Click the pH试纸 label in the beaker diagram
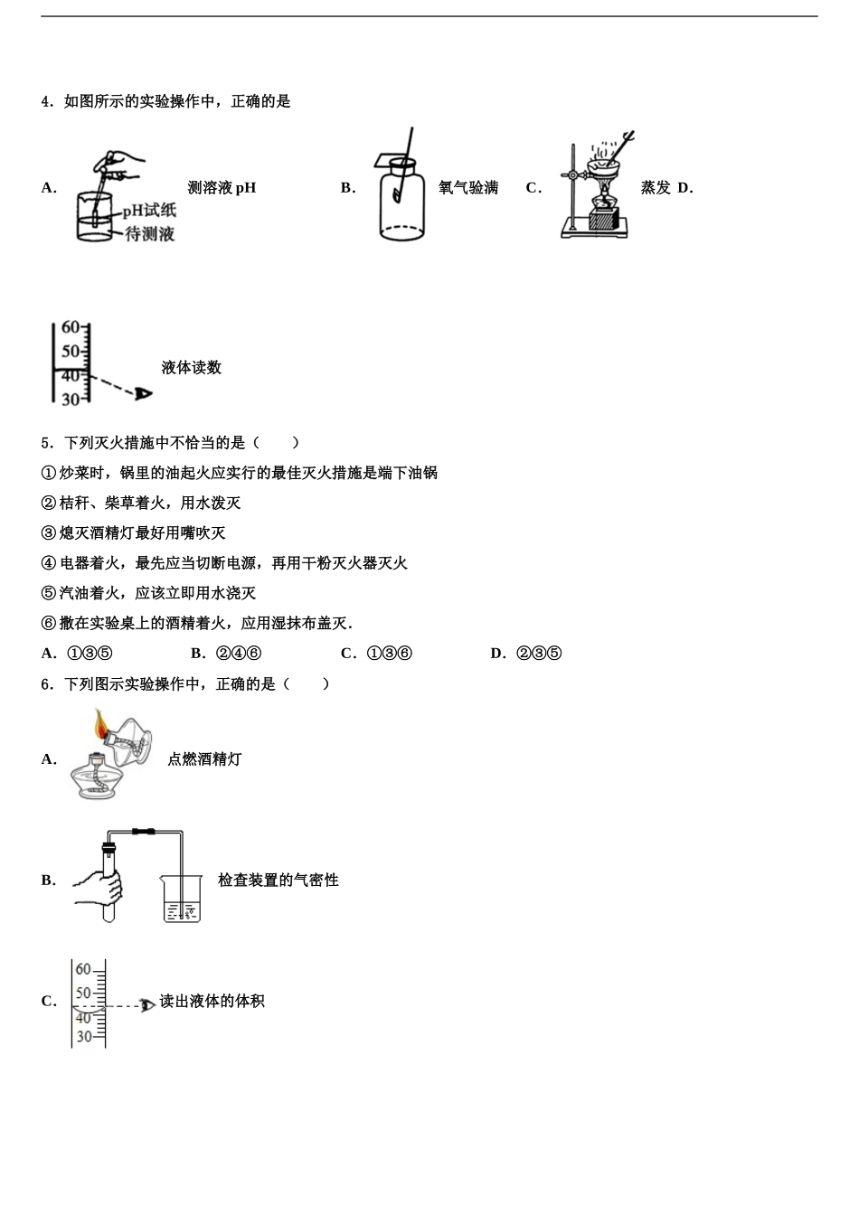click(x=149, y=211)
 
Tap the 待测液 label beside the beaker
click(x=149, y=234)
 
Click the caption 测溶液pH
click(x=222, y=188)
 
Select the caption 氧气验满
click(x=467, y=188)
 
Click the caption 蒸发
click(x=656, y=188)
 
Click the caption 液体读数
click(x=191, y=367)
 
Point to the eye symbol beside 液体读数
click(x=143, y=393)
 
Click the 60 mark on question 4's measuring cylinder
click(x=71, y=327)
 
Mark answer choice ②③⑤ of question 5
click(x=539, y=654)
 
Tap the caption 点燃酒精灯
click(x=204, y=759)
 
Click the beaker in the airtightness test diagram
click(x=181, y=899)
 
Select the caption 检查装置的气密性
click(x=278, y=880)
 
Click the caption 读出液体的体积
click(x=212, y=1001)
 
